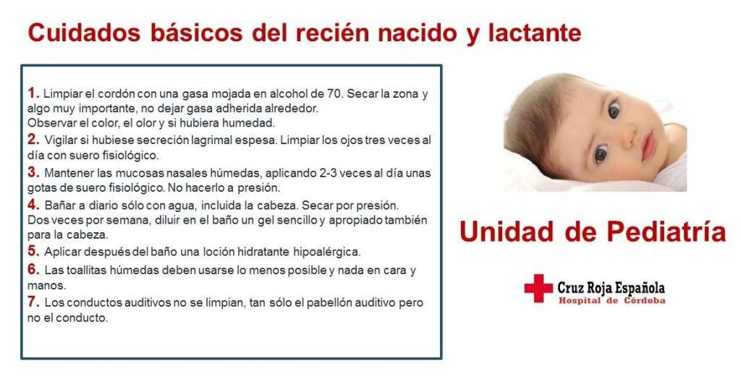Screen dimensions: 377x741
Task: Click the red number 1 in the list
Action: pos(32,93)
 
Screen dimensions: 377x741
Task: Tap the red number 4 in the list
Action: pos(32,205)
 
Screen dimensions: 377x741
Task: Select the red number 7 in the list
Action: pos(32,302)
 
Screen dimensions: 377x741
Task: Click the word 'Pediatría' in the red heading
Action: pos(666,232)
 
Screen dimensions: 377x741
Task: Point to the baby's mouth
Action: pos(647,148)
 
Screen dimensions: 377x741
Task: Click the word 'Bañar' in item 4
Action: pos(59,206)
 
